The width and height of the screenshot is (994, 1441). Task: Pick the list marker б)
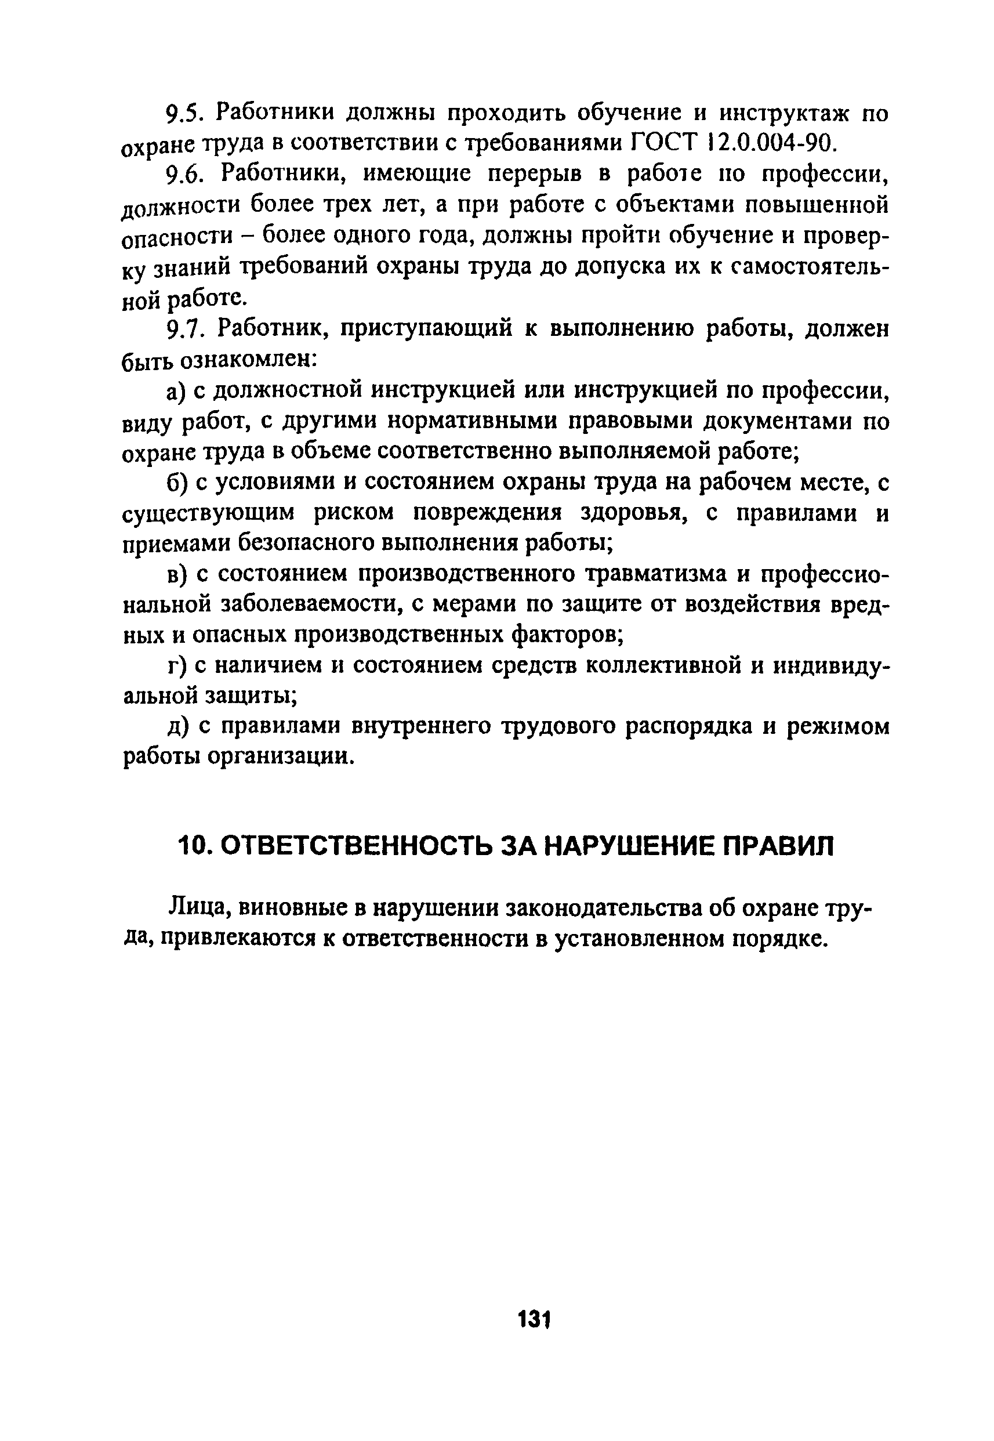click(177, 483)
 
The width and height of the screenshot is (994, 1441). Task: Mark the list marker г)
click(177, 667)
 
